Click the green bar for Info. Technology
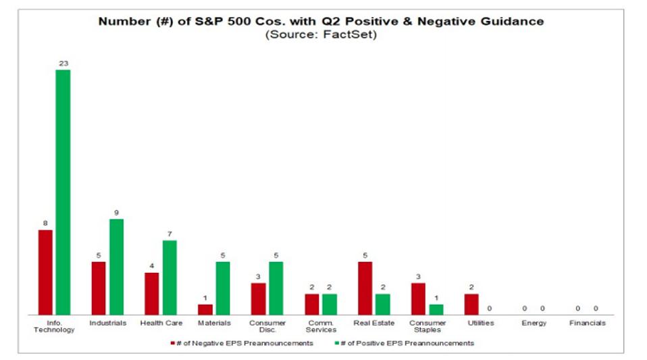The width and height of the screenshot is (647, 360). tap(63, 192)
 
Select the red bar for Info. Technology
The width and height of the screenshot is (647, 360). tap(45, 272)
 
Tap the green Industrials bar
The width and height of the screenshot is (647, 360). tap(116, 267)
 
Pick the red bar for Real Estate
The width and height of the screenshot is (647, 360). tap(365, 288)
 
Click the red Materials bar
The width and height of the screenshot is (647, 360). tap(205, 309)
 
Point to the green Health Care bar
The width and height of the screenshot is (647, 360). tap(170, 278)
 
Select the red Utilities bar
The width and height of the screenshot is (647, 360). tap(471, 304)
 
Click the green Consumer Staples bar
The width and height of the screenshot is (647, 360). tap(436, 309)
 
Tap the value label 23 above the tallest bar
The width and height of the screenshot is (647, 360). tap(63, 63)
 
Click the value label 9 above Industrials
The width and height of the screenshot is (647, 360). tap(116, 213)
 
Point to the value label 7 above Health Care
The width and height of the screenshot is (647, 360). tap(170, 234)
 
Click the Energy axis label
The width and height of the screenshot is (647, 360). tap(534, 324)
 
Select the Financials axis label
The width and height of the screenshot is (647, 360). tap(586, 324)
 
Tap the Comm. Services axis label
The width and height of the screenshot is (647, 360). tap(321, 326)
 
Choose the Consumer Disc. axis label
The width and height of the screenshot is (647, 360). tap(267, 326)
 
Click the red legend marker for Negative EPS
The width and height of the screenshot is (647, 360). tap(172, 344)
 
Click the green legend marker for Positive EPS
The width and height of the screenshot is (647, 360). tap(336, 344)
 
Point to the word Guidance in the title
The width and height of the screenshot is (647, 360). tap(511, 21)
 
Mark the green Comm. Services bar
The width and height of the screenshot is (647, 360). tap(329, 304)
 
